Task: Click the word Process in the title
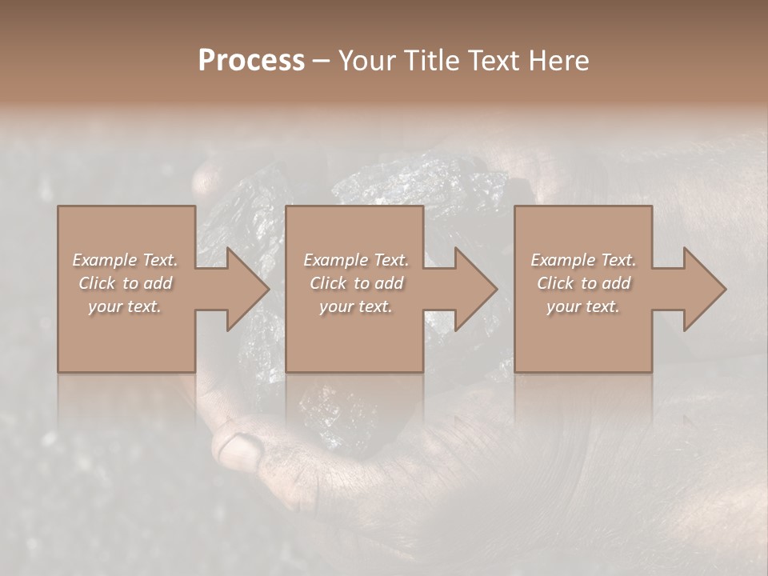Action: [251, 61]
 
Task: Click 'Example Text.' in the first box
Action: [125, 260]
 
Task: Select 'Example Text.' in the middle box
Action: [355, 260]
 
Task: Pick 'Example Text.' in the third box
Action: [583, 260]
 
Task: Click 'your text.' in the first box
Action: [125, 306]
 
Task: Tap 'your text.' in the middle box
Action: [355, 306]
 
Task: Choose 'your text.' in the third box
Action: [583, 306]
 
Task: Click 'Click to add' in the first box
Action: [125, 283]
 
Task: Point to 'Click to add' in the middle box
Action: [355, 283]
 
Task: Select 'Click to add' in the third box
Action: [583, 283]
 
